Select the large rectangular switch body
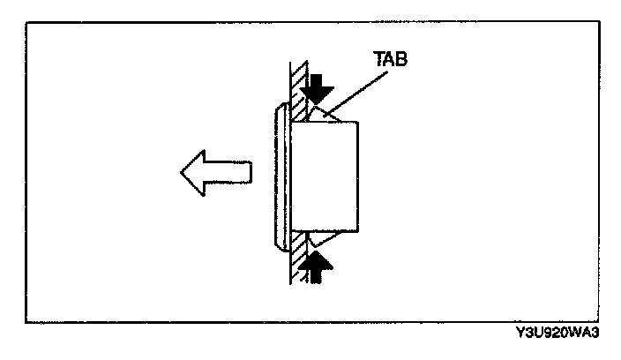coord(326,176)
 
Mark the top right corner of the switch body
coord(358,123)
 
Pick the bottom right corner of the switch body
coord(358,232)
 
